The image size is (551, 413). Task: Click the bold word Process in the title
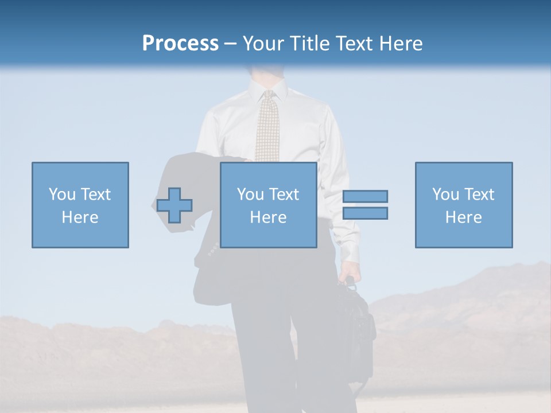click(180, 43)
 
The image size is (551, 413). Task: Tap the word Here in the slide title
click(400, 43)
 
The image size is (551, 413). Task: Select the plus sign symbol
click(174, 205)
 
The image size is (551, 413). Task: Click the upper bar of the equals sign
click(365, 196)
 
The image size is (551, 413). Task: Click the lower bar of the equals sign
click(365, 213)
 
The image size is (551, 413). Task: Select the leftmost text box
click(80, 205)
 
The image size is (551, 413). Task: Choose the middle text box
click(268, 205)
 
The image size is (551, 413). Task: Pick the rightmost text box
click(464, 205)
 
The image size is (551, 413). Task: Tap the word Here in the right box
click(464, 217)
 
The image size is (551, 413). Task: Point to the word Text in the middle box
click(285, 194)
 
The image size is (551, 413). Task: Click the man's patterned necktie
click(267, 132)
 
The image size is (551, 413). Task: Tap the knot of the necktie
click(267, 96)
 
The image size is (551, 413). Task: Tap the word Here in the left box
click(80, 217)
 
